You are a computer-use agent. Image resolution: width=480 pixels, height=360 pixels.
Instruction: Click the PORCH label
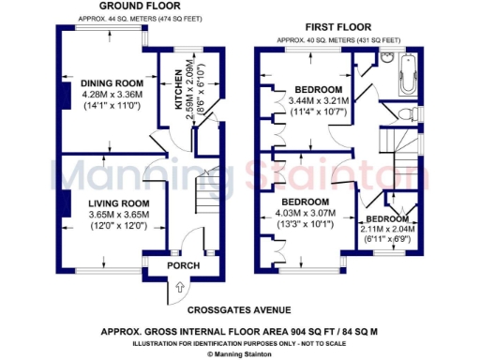[184, 265]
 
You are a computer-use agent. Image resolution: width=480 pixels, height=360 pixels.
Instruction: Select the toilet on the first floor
[404, 113]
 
